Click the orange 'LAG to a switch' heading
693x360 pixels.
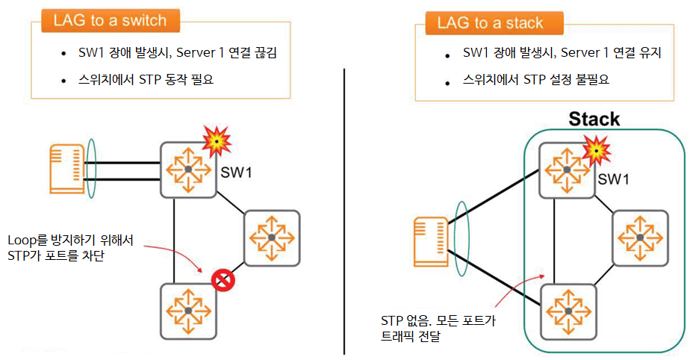(x=111, y=21)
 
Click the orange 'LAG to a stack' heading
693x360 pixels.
(x=493, y=22)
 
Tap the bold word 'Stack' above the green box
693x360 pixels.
(x=594, y=119)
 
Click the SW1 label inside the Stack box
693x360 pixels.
(x=615, y=179)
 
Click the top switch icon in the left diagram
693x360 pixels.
(x=188, y=170)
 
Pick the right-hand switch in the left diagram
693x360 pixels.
(x=272, y=238)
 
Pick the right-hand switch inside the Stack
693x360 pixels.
(x=641, y=238)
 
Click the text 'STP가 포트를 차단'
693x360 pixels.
(x=55, y=255)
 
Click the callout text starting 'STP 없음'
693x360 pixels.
(x=437, y=321)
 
